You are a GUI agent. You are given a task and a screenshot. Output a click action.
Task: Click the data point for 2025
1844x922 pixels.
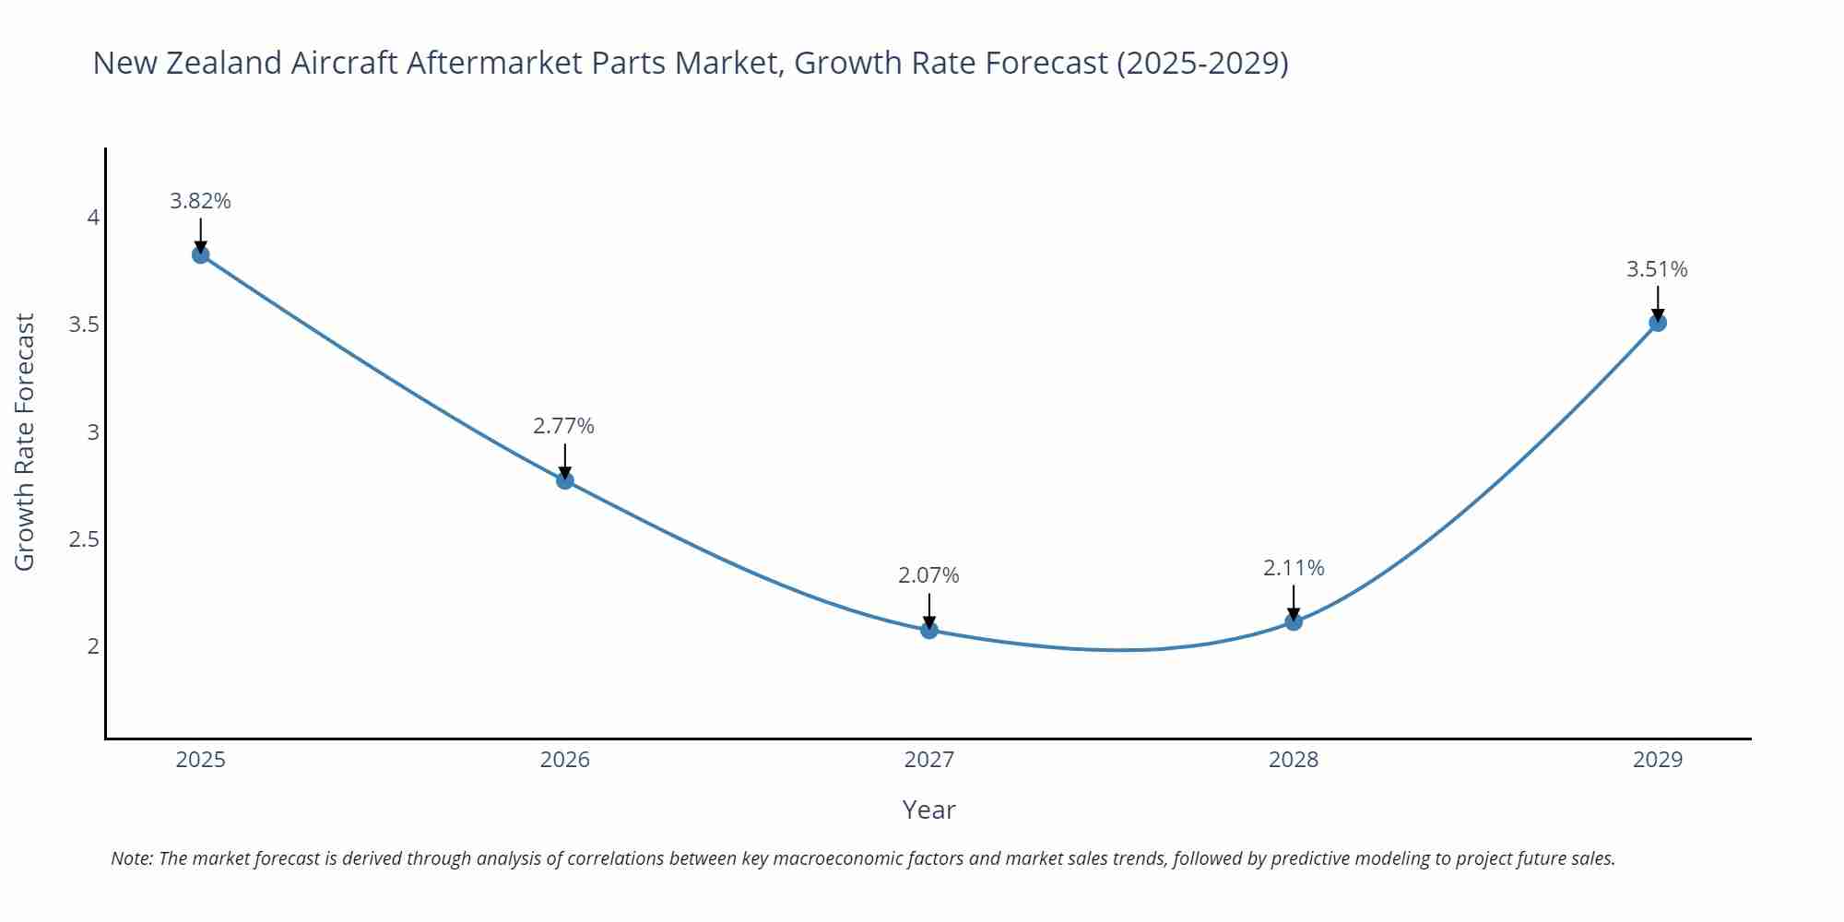tap(201, 254)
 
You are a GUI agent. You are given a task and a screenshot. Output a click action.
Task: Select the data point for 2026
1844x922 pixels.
tap(565, 479)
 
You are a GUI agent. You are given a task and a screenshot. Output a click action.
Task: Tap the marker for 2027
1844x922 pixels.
tap(929, 630)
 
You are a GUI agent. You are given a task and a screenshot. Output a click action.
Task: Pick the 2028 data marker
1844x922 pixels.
tap(1294, 621)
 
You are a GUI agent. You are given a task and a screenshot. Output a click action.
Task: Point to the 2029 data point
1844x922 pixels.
tap(1658, 322)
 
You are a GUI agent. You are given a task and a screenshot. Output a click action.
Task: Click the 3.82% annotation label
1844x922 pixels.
tap(200, 200)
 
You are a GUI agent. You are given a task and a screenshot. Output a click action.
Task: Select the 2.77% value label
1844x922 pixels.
tap(563, 426)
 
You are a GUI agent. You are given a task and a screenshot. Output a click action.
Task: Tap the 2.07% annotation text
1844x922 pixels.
tap(928, 575)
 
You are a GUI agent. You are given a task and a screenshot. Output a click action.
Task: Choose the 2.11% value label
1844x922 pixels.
tap(1294, 568)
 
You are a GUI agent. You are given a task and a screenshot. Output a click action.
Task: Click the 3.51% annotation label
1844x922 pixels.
tap(1657, 269)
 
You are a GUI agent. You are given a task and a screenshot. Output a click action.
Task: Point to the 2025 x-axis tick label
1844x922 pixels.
tap(201, 760)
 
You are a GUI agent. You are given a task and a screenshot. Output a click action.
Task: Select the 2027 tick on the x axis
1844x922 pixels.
tap(929, 760)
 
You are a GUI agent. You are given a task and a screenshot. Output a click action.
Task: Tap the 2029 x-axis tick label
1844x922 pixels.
tap(1658, 760)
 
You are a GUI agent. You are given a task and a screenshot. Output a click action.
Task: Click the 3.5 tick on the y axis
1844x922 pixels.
tap(84, 325)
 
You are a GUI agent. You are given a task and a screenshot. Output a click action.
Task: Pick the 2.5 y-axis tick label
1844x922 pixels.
tap(84, 538)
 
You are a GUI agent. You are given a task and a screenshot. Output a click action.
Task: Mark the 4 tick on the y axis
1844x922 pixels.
tap(93, 218)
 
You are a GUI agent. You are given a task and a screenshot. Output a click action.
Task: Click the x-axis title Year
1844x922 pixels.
tap(928, 810)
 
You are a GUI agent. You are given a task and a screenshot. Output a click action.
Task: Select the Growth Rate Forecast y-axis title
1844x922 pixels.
tap(25, 442)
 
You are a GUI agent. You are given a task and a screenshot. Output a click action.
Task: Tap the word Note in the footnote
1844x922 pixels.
tap(132, 858)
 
